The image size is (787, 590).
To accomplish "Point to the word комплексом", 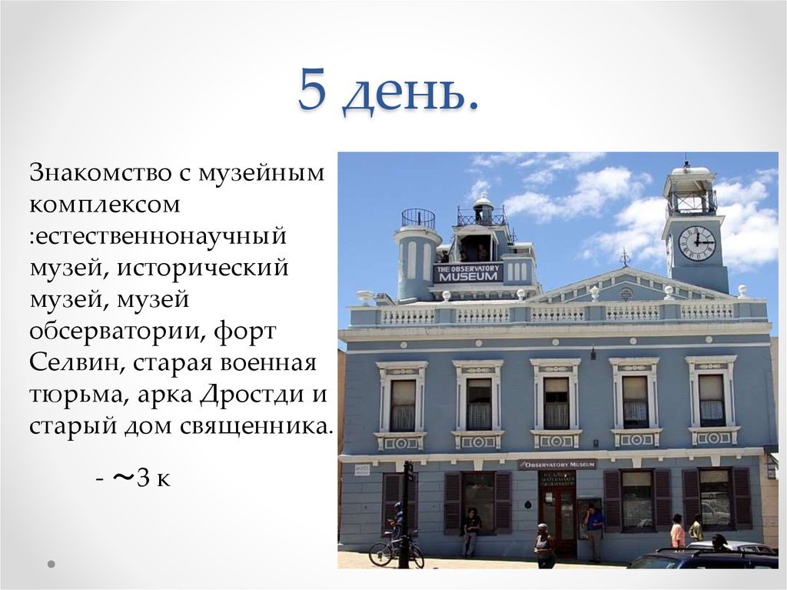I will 105,205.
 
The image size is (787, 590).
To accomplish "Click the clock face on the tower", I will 696,243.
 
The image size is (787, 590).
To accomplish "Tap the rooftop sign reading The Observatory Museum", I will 467,272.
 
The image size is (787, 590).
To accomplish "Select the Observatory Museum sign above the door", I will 556,465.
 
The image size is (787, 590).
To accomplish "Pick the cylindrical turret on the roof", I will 417,258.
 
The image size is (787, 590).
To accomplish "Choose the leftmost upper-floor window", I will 403,405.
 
